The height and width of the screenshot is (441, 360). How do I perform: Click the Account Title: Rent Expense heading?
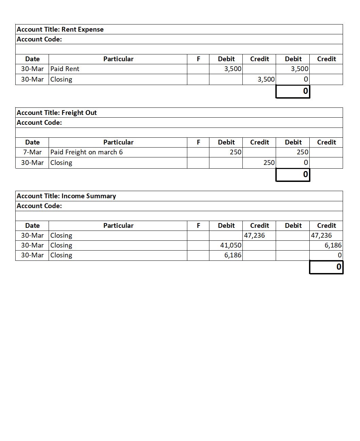[x=60, y=29]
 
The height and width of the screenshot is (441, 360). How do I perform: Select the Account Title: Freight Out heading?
[x=57, y=113]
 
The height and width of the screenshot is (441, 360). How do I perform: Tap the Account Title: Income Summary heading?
[x=66, y=196]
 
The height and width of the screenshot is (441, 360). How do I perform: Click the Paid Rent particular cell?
[x=65, y=69]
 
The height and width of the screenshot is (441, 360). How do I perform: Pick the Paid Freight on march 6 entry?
[x=87, y=152]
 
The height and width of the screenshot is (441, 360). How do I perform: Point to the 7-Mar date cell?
[x=32, y=152]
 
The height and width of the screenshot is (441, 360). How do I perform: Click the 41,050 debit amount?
[x=231, y=245]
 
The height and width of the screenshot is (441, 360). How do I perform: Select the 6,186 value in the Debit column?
[x=233, y=255]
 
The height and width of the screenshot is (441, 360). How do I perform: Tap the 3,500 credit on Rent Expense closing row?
[x=266, y=79]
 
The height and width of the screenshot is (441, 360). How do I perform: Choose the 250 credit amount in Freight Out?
[x=269, y=163]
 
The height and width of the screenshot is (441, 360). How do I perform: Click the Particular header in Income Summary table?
[x=118, y=225]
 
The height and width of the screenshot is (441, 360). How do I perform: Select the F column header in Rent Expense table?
[x=199, y=59]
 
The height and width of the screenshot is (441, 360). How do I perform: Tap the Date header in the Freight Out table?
[x=32, y=142]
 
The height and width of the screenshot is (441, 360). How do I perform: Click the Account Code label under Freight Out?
[x=39, y=122]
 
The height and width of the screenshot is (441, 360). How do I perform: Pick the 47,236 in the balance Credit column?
[x=322, y=235]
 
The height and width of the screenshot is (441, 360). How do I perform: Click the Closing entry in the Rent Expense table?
[x=62, y=79]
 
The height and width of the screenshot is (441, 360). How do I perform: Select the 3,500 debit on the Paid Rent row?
[x=233, y=69]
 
